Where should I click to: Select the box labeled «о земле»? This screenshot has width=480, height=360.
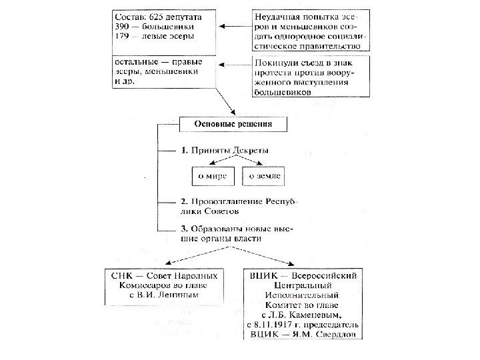pyautogui.click(x=265, y=177)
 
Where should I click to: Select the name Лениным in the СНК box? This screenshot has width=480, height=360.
pyautogui.click(x=181, y=293)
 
